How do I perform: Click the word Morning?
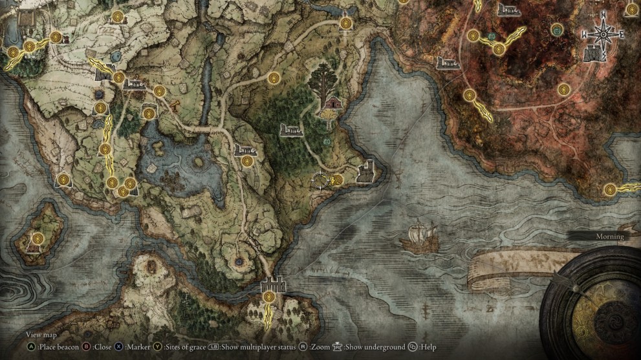pyautogui.click(x=610, y=237)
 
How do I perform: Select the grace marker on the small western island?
pyautogui.click(x=38, y=238)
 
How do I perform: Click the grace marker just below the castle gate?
pyautogui.click(x=268, y=297)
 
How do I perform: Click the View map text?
pyautogui.click(x=41, y=335)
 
